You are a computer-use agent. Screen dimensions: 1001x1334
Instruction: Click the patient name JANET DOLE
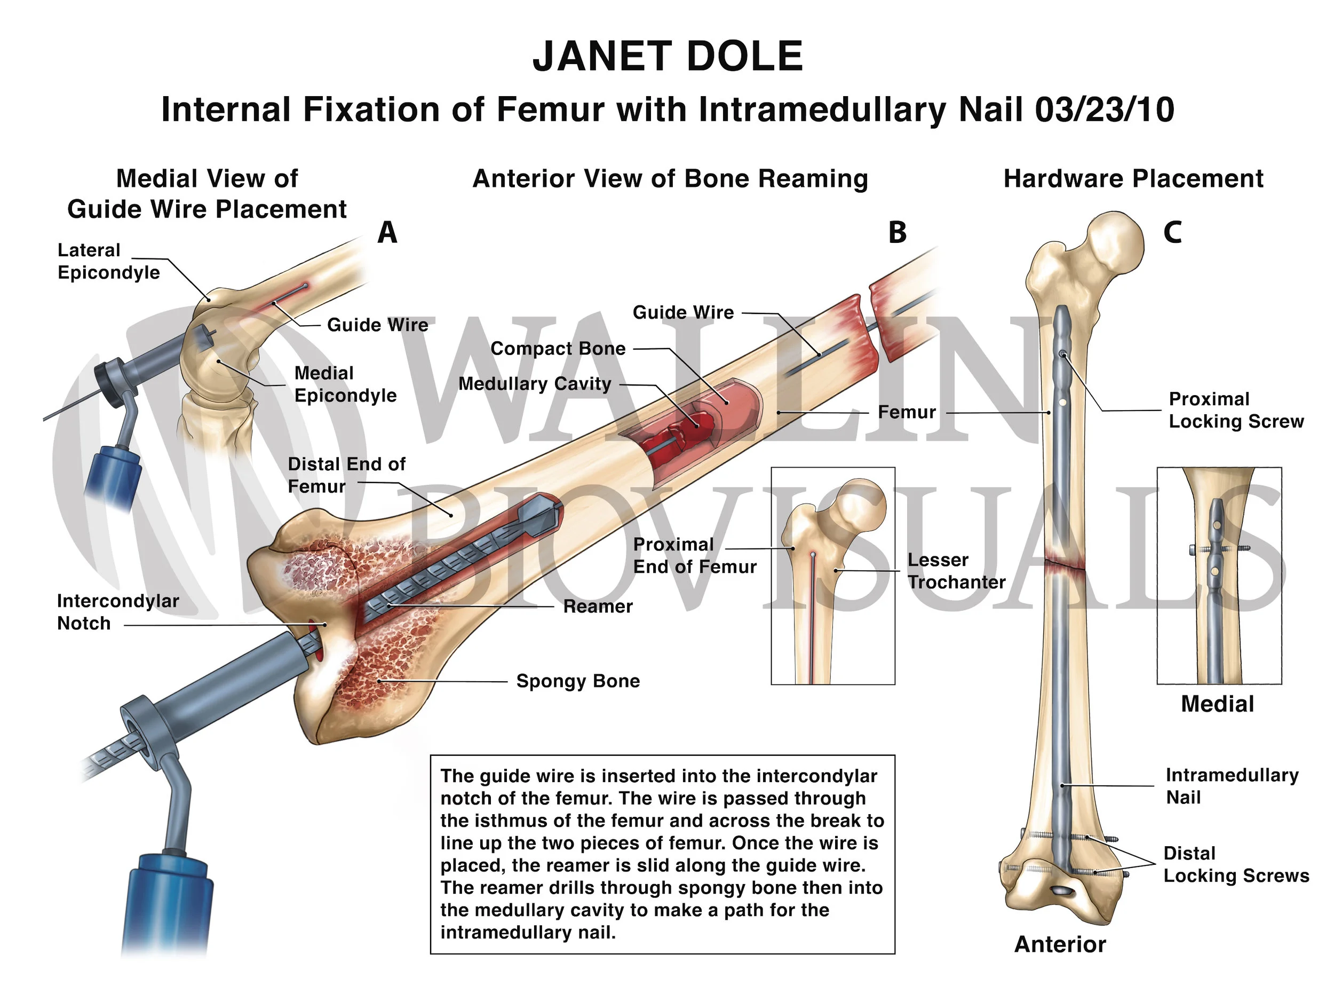tap(667, 56)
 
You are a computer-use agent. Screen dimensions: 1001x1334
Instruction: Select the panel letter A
tap(387, 232)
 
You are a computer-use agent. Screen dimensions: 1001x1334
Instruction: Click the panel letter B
tap(897, 233)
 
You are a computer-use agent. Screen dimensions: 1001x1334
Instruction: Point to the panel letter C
tap(1172, 232)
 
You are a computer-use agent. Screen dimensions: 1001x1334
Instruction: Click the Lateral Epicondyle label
tap(108, 261)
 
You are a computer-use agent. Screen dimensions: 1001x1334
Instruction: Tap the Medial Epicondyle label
tap(345, 384)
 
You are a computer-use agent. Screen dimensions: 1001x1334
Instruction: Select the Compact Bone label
tap(558, 349)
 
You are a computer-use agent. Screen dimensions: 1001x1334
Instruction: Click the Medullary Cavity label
tap(535, 384)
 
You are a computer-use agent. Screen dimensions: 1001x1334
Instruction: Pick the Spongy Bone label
tap(578, 681)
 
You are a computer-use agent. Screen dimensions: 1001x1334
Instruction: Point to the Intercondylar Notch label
tap(117, 612)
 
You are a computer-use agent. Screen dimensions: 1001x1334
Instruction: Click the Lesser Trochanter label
tap(956, 571)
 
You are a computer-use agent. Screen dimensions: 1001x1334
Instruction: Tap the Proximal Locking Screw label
tap(1236, 411)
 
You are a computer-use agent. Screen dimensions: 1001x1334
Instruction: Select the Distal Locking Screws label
tap(1236, 865)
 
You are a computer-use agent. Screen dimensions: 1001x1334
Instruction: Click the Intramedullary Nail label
tap(1232, 786)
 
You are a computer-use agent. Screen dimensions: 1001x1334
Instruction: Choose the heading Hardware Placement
tap(1133, 179)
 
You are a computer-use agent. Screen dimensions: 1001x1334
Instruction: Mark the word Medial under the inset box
tap(1217, 704)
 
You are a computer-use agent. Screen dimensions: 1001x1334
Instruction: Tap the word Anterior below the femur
tap(1060, 944)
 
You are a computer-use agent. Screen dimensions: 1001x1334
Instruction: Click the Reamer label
tap(598, 606)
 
